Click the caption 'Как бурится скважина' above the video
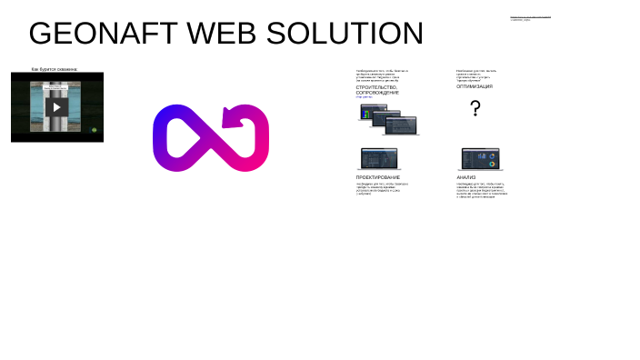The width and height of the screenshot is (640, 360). [55, 69]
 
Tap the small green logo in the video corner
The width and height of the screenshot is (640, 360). [95, 130]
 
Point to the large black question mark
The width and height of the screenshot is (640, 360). [475, 109]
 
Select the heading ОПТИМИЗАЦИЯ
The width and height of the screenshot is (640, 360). [475, 87]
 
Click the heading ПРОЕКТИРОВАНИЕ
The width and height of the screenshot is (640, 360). [378, 177]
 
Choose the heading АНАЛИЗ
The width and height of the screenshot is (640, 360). [466, 177]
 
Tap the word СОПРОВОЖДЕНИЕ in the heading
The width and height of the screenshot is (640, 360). [377, 93]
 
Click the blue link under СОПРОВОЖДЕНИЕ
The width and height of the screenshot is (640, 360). [364, 97]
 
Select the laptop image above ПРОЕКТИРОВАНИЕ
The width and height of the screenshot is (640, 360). [378, 159]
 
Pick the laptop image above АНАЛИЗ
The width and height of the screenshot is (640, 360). [480, 159]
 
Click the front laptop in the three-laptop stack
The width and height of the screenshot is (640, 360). [401, 125]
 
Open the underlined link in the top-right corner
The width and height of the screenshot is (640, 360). [530, 16]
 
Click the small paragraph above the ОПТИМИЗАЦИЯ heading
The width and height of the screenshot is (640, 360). [476, 75]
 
